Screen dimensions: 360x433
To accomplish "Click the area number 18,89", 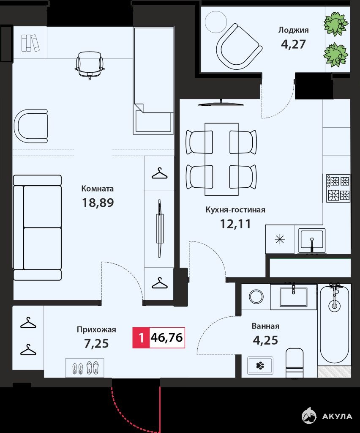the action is click(98, 203).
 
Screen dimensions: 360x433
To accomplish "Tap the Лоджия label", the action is click(293, 30).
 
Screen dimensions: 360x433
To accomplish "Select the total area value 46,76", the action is click(167, 337).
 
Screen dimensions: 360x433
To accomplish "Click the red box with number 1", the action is click(141, 337).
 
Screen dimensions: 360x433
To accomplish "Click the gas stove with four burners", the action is click(338, 188).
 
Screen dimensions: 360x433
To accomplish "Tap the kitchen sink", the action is click(312, 241).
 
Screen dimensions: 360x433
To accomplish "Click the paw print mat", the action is click(260, 366).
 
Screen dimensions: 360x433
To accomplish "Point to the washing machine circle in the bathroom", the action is click(256, 296).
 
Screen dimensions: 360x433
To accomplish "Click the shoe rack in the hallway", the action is click(85, 367).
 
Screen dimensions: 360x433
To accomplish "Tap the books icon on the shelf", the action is click(30, 43).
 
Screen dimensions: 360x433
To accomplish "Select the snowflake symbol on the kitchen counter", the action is click(280, 239).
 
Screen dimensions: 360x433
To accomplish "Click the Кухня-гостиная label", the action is click(236, 210).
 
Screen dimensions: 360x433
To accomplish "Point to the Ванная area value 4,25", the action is click(265, 340).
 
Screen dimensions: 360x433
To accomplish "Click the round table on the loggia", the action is click(216, 22).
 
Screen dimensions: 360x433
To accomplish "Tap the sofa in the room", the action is click(37, 227).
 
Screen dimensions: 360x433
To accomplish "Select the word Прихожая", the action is click(96, 330).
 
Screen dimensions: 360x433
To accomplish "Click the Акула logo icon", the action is click(309, 416).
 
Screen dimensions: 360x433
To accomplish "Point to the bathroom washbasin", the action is click(293, 296).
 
